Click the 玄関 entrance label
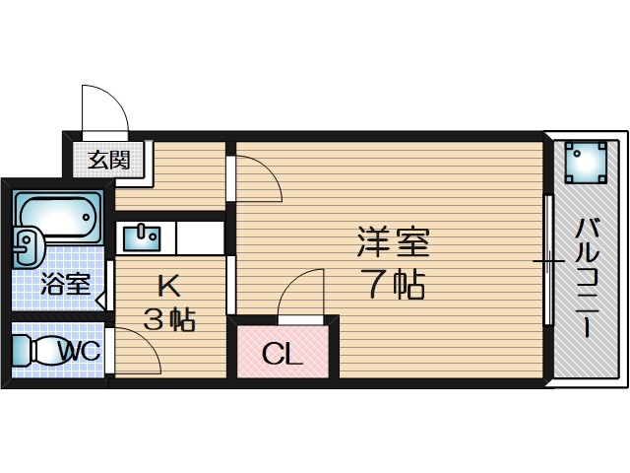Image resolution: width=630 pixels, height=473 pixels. pos(109,159)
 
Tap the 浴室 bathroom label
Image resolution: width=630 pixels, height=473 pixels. pos(65,285)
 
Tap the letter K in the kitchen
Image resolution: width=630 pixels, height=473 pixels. pos(169,287)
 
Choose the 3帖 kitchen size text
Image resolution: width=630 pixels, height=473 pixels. pos(169,320)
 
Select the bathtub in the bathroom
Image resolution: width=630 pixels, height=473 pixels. pos(59,218)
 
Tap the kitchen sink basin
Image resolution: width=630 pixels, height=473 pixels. pos(146,236)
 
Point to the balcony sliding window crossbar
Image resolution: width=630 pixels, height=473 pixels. pos(547,261)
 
